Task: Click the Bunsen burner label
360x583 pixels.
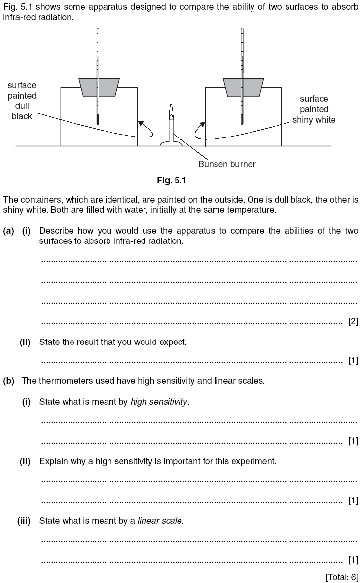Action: pos(227,164)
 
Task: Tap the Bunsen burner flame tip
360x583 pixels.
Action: pos(171,106)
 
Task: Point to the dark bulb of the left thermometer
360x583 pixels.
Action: pos(99,119)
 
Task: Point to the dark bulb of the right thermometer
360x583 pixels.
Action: pos(242,119)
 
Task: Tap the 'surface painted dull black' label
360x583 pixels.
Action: pos(22,101)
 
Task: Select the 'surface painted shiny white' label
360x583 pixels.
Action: pos(314,109)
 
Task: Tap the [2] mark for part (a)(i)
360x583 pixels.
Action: pos(353,322)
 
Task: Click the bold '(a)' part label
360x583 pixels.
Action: pos(8,231)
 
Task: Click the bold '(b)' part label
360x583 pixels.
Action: pos(8,381)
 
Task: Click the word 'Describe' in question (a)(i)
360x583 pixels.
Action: pos(56,231)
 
